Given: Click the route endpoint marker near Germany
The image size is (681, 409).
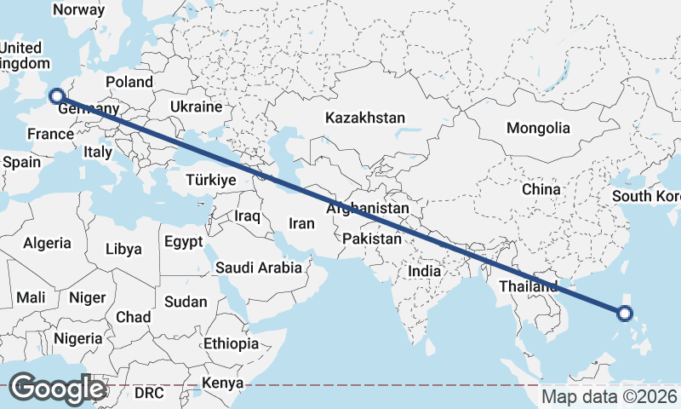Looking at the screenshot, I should pyautogui.click(x=57, y=97).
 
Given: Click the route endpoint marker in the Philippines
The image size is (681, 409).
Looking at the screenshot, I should pyautogui.click(x=625, y=314).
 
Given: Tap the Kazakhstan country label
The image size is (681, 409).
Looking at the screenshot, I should pyautogui.click(x=365, y=118).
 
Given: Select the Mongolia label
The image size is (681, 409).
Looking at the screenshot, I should pyautogui.click(x=538, y=129).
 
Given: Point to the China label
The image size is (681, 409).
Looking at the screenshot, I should pyautogui.click(x=540, y=189).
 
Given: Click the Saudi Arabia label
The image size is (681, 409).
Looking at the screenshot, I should pyautogui.click(x=259, y=268).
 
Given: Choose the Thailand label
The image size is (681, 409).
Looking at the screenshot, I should pyautogui.click(x=529, y=286).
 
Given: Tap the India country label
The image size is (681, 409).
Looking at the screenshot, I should pyautogui.click(x=425, y=271).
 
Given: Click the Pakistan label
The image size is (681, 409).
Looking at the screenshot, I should pyautogui.click(x=371, y=239).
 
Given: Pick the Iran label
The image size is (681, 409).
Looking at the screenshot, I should pyautogui.click(x=302, y=223).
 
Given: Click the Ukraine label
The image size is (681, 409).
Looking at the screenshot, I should pyautogui.click(x=196, y=107).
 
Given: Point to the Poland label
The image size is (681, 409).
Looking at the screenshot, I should pyautogui.click(x=129, y=83).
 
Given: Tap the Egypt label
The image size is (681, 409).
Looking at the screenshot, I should pyautogui.click(x=184, y=241).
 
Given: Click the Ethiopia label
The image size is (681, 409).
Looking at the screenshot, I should pyautogui.click(x=232, y=343).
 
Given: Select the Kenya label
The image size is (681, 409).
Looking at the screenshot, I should pyautogui.click(x=221, y=383).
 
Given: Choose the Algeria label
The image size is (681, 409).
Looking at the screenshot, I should pyautogui.click(x=48, y=244).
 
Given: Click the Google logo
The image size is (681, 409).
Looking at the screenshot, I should pyautogui.click(x=56, y=389).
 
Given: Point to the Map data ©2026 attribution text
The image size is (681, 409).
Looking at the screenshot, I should pyautogui.click(x=610, y=397).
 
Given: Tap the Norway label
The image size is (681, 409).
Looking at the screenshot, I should pyautogui.click(x=78, y=10).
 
